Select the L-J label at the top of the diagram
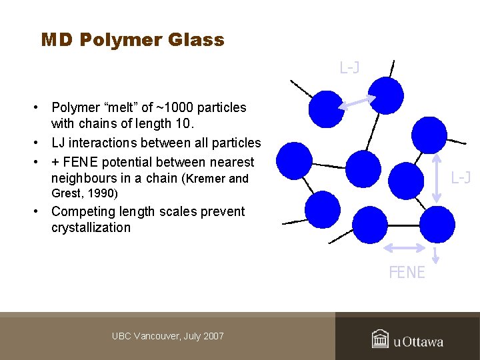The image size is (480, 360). coord(350,67)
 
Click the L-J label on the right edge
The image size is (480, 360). coord(461,177)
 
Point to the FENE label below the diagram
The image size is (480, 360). coord(407,272)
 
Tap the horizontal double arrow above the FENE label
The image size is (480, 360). coord(405,247)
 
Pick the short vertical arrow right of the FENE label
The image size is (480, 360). coord(435,255)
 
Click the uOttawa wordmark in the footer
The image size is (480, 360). coord(418,342)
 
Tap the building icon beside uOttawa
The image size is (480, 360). coord(380,339)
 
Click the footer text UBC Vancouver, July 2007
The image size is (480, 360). coord(168,336)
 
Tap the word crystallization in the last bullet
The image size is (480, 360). coord(91,227)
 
